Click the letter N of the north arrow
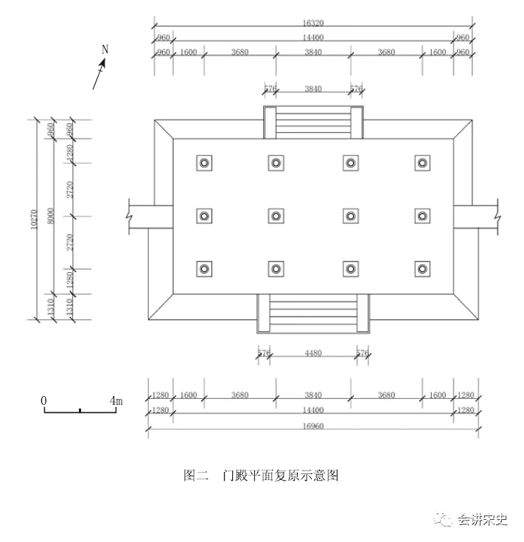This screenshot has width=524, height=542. (x=105, y=49)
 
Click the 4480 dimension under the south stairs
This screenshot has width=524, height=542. (x=313, y=353)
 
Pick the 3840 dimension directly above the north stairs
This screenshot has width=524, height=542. (x=313, y=88)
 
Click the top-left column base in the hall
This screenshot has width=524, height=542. (x=205, y=162)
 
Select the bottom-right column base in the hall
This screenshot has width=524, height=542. (x=422, y=268)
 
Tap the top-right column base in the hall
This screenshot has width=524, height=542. (x=422, y=162)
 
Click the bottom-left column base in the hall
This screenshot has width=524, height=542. (x=205, y=268)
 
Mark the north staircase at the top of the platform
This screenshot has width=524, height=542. (x=313, y=121)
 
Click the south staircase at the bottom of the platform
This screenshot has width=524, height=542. (x=313, y=313)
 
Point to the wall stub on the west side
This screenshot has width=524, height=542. (x=140, y=215)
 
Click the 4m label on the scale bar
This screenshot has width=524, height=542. (x=116, y=400)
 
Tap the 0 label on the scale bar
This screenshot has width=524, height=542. (x=44, y=400)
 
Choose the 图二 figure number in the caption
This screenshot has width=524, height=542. (x=196, y=476)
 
